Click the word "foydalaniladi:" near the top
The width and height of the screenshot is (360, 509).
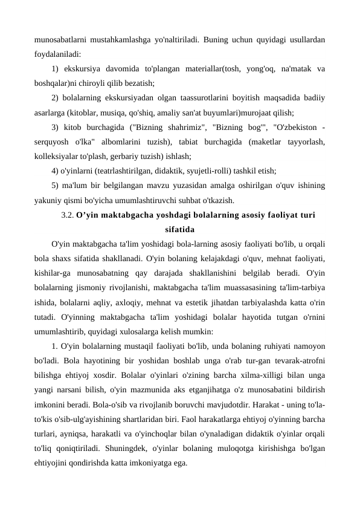pyautogui.click(x=57, y=53)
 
